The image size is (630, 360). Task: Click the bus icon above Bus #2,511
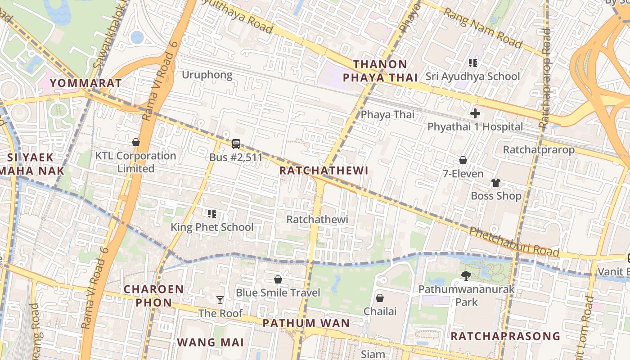pyautogui.click(x=236, y=144)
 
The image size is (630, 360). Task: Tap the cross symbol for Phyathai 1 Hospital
pyautogui.click(x=475, y=113)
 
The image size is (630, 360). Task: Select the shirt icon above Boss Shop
pyautogui.click(x=495, y=182)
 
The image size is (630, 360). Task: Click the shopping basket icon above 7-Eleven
pyautogui.click(x=463, y=160)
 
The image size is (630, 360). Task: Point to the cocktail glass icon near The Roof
pyautogui.click(x=220, y=300)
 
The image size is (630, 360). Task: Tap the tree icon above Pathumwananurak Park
pyautogui.click(x=466, y=275)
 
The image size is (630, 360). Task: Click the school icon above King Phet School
pyautogui.click(x=211, y=213)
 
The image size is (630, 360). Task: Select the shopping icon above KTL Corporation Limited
pyautogui.click(x=135, y=142)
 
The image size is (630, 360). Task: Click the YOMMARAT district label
pyautogui.click(x=85, y=83)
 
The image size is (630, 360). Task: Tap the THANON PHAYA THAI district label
pyautogui.click(x=380, y=71)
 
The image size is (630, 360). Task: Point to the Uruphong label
pyautogui.click(x=207, y=75)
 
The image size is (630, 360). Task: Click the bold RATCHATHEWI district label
pyautogui.click(x=324, y=171)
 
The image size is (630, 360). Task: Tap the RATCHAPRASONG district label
pyautogui.click(x=505, y=336)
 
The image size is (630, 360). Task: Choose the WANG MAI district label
pyautogui.click(x=210, y=342)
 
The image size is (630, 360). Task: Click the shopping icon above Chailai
pyautogui.click(x=380, y=298)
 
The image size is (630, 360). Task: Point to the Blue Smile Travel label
pyautogui.click(x=278, y=293)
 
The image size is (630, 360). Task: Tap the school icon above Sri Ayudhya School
pyautogui.click(x=472, y=63)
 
